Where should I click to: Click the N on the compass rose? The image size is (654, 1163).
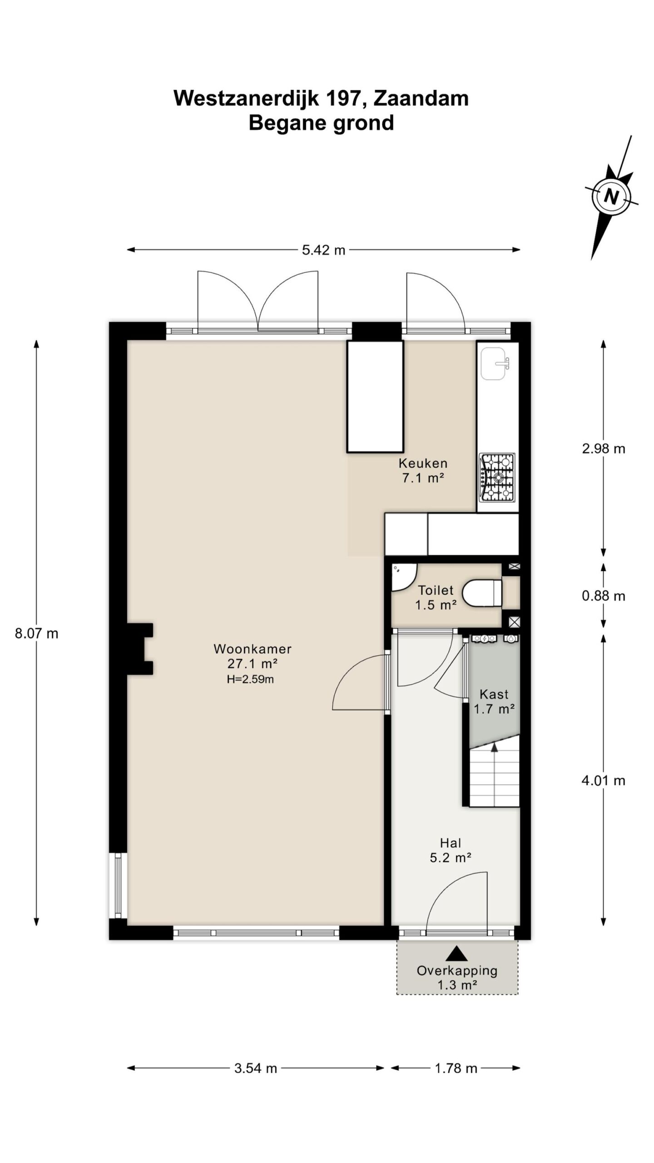[x=612, y=197]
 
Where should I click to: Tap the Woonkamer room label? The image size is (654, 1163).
[x=253, y=649]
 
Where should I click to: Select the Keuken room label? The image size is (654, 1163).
[x=423, y=463]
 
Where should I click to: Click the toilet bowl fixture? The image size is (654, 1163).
[x=482, y=592]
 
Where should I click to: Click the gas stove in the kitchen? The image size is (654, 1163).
[x=497, y=477]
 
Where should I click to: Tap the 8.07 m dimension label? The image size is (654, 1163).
[x=37, y=633]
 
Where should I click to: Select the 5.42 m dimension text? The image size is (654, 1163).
[x=324, y=250]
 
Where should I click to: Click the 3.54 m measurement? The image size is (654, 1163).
[x=256, y=1068]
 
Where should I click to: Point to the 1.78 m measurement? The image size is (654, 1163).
[x=456, y=1068]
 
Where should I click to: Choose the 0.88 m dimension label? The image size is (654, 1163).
[x=604, y=596]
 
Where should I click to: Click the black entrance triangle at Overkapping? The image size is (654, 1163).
[x=457, y=953]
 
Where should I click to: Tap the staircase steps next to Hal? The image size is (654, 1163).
[x=494, y=777]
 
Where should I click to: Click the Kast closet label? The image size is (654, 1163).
[x=494, y=694]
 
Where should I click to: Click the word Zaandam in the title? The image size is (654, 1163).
[x=421, y=98]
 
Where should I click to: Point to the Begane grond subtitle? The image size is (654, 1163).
[x=321, y=123]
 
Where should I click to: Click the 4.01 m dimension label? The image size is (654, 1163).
[x=604, y=780]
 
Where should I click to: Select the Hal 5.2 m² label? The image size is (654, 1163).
[x=451, y=850]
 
